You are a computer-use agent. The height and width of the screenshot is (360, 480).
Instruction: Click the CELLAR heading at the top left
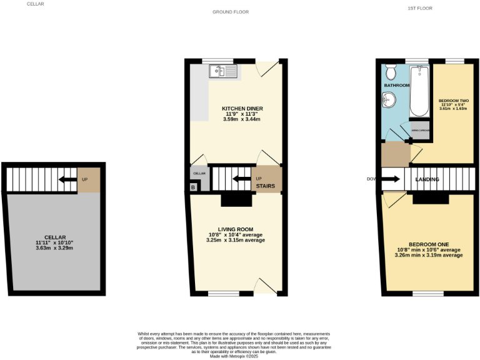pyautogui.click(x=35, y=4)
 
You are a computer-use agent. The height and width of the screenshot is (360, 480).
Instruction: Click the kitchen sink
pyautogui.click(x=222, y=71)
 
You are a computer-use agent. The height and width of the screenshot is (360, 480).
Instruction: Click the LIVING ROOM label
pyautogui.click(x=234, y=229)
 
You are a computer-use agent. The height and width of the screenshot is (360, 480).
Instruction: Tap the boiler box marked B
pyautogui.click(x=193, y=187)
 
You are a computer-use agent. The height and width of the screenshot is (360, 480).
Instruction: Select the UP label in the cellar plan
pyautogui.click(x=85, y=179)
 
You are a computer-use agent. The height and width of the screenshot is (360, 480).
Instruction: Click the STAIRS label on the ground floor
pyautogui.click(x=266, y=186)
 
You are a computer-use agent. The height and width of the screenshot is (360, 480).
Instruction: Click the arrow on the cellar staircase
pyautogui.click(x=64, y=179)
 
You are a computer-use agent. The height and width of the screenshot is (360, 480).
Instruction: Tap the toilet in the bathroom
pyautogui.click(x=391, y=69)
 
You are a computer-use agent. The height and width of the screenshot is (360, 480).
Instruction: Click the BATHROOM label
pyautogui.click(x=396, y=85)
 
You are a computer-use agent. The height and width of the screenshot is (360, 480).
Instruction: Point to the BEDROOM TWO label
pyautogui.click(x=450, y=101)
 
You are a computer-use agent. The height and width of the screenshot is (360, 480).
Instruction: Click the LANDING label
pyautogui.click(x=428, y=180)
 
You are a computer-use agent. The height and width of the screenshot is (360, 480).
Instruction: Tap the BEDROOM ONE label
pyautogui.click(x=429, y=244)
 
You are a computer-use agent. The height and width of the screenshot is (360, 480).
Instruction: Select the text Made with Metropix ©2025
pyautogui.click(x=234, y=356)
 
